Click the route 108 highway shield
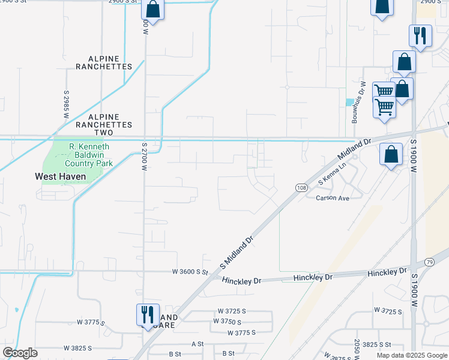pos(301,188)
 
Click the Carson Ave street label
pos(333,198)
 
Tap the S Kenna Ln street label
pos(333,173)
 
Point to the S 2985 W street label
pos(66,104)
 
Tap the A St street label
pos(197,344)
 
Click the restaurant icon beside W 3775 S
pos(147,314)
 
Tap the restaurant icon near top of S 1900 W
pos(420,35)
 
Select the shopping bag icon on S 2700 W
pos(152,9)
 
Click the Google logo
pos(20,353)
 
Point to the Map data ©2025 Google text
pos(412,355)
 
